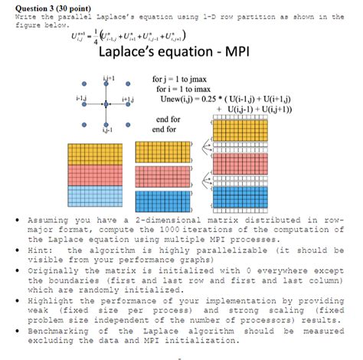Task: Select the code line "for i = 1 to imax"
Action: (195, 90)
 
